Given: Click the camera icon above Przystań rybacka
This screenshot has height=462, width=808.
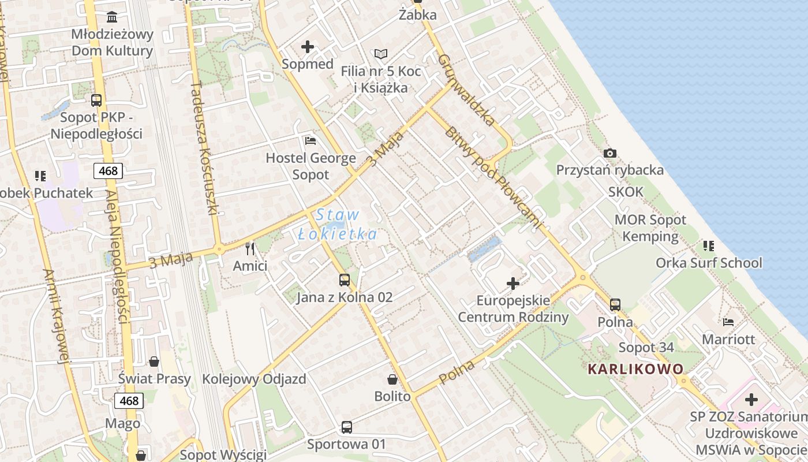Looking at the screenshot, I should coord(609,153).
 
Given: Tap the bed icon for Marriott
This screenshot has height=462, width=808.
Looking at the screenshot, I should coord(728,322).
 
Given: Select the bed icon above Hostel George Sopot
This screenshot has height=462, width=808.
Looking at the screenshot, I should coord(311,140).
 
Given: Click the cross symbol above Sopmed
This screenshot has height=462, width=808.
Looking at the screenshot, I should coord(308,47).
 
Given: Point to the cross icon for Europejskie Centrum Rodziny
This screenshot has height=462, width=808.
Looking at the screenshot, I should coord(513,284).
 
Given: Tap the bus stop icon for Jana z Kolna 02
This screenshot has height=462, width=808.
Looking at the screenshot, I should coord(345,280).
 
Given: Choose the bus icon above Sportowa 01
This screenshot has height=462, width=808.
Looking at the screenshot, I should coord(346,427).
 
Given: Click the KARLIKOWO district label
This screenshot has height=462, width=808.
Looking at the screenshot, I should coord(635,369).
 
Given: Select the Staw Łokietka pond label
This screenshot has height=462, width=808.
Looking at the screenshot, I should coord(338,225).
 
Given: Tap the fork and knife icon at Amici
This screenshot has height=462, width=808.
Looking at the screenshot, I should coord(250,249).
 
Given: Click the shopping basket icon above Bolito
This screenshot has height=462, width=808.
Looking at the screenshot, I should coord(392,379).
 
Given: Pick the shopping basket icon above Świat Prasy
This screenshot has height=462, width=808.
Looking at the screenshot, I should coord(154,362).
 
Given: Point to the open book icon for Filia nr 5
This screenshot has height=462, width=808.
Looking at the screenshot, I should coord(381,54).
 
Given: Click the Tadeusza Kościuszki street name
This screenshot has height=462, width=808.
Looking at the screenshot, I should coord(204,148).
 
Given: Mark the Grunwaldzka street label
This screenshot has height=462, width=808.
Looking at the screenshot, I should coord(466,90).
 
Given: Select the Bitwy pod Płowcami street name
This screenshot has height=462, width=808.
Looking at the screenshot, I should coord(493,177).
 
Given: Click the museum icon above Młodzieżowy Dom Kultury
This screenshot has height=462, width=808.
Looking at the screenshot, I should coord(113,17).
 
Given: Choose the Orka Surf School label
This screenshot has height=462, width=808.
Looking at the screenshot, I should coord(709,263).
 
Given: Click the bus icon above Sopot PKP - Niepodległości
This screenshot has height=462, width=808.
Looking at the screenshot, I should coord(96,100).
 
